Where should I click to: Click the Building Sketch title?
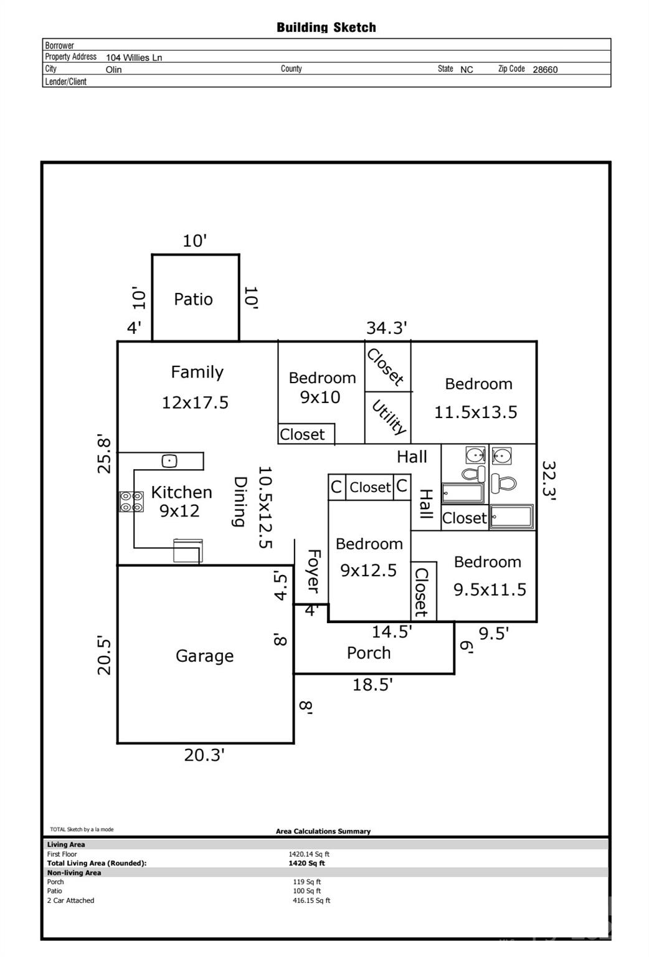pos(326,27)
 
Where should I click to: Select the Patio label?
pos(193,299)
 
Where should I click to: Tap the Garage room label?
pos(204,655)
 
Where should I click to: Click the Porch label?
pos(369,653)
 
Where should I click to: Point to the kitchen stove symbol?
pos(131,502)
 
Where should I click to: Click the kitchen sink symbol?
pos(169,461)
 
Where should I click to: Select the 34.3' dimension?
pos(386,328)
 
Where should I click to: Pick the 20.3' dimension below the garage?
pos(204,755)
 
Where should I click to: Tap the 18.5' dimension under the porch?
pos(372,685)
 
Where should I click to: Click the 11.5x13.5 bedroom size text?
pos(475,412)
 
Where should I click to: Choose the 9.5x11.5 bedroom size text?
pos(490,589)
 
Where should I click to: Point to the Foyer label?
pos(313,571)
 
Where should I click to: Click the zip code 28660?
pos(545,70)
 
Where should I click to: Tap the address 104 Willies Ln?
pos(134,57)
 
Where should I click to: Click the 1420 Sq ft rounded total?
pos(306,864)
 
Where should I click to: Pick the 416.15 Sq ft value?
pos(311,900)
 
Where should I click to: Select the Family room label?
pos(197,372)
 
